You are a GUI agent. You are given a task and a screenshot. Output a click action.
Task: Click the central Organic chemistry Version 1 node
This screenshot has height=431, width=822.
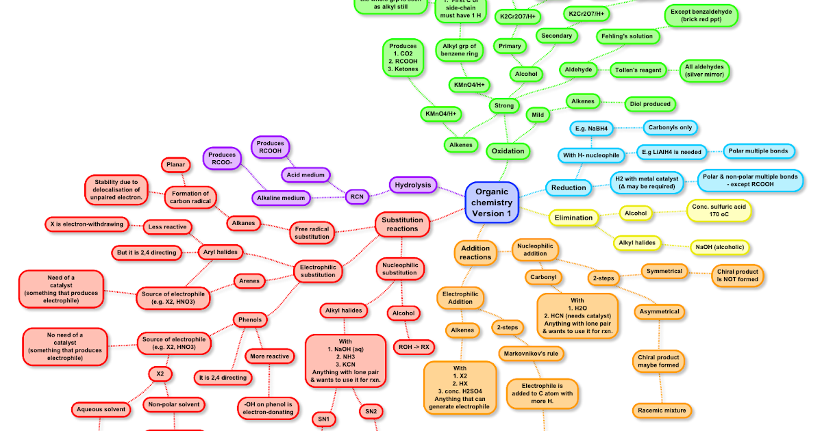point(492,203)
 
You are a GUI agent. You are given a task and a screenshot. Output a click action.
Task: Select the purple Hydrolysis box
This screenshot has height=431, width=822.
point(413,185)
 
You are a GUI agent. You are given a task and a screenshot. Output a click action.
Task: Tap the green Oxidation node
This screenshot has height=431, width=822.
point(508,151)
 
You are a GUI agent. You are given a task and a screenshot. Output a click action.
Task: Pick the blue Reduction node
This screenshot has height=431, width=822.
point(569,187)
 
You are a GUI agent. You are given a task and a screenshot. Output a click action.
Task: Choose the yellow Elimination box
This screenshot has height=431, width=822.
point(573,218)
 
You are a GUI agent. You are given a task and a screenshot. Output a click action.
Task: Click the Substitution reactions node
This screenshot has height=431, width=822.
point(402,224)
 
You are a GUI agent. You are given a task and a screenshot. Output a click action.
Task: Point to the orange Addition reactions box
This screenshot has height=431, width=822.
point(475,252)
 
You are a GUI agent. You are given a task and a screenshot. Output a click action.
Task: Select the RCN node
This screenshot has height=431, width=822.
point(356,196)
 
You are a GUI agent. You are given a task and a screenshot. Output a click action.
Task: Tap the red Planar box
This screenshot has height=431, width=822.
point(175,165)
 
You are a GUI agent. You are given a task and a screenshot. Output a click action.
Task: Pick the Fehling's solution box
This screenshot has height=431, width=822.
point(627,36)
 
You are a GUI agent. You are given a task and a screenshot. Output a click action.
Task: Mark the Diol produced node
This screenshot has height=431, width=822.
point(649,104)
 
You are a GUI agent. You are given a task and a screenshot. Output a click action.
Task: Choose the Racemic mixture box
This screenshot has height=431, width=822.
point(661,410)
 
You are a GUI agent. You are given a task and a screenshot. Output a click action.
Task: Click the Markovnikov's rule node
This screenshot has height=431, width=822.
point(531,354)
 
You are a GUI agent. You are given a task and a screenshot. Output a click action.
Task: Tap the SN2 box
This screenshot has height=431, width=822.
point(371,411)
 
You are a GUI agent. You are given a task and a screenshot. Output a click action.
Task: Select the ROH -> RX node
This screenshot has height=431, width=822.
point(414,347)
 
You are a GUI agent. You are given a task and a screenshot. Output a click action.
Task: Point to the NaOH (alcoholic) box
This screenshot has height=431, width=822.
point(720,247)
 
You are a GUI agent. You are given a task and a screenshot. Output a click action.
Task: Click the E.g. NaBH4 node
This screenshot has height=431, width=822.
point(593,128)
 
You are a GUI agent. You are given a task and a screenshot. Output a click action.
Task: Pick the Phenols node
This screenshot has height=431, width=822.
point(250,319)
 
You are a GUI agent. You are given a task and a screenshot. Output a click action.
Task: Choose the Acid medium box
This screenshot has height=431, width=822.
point(306,175)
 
